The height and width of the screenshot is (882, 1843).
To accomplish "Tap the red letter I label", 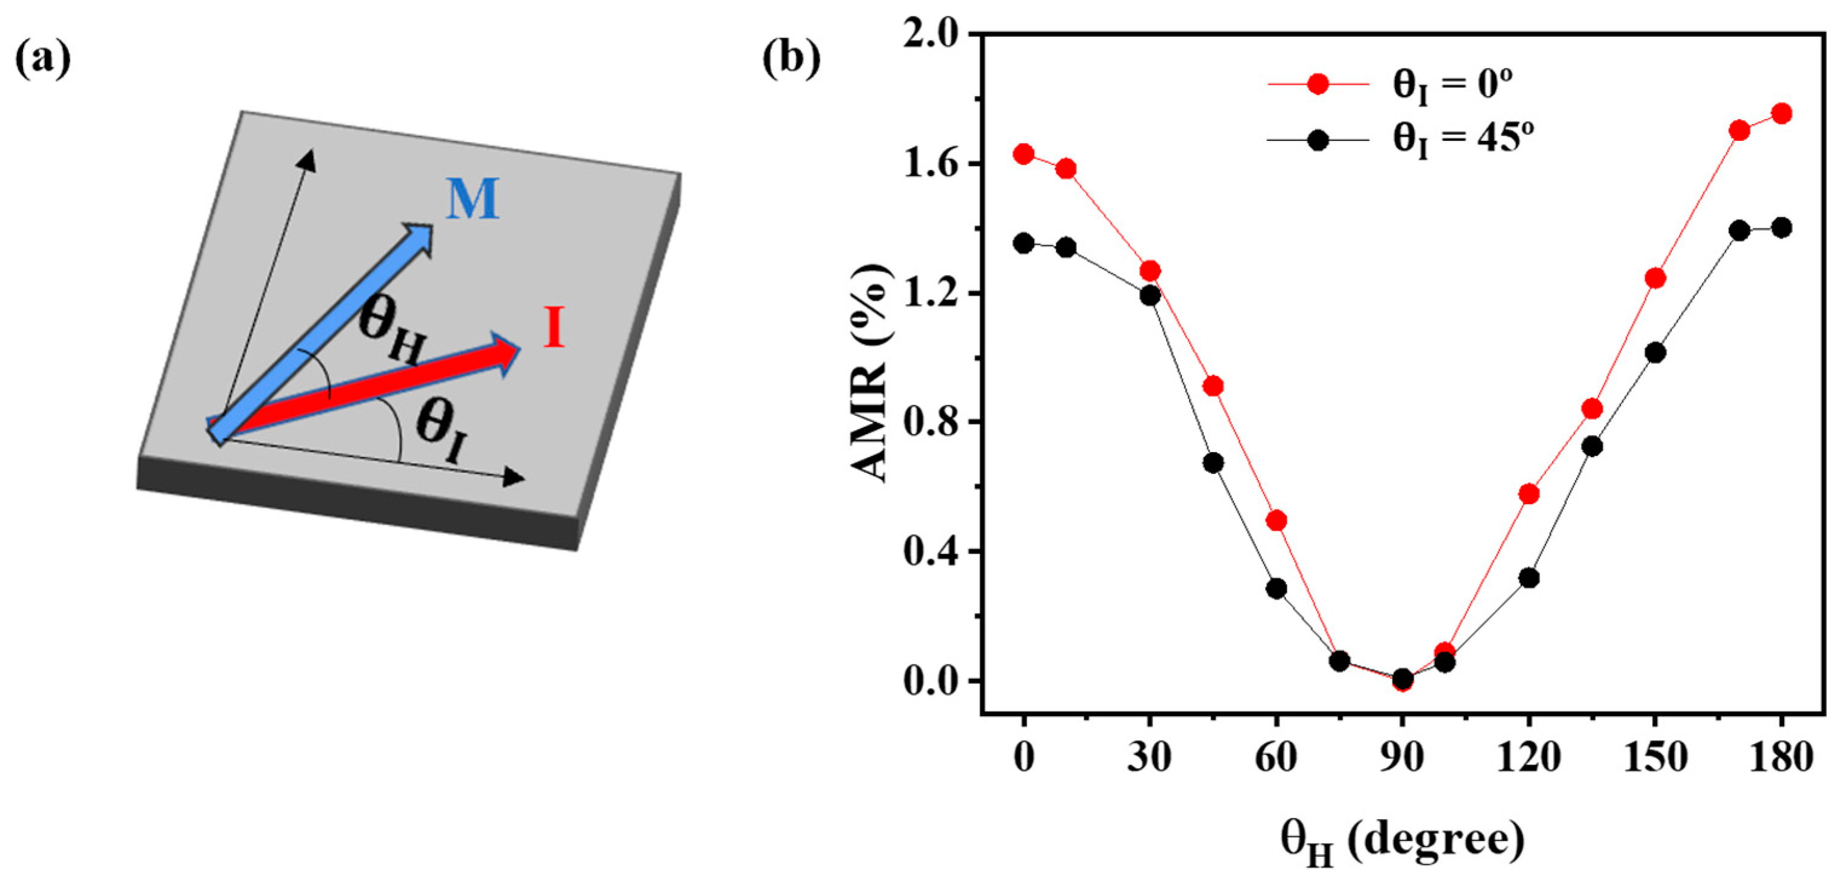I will click(x=554, y=328).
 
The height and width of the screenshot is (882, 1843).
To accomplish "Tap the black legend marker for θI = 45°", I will click(x=1317, y=140).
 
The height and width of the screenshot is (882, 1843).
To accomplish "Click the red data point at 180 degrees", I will click(x=1781, y=113).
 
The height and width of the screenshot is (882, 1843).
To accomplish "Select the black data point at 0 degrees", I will click(x=1024, y=243).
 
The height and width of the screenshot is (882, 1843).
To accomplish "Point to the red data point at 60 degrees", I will click(x=1276, y=520).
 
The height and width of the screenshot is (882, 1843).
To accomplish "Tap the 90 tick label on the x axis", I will click(x=1402, y=757).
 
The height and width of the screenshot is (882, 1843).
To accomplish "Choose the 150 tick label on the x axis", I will click(x=1655, y=757).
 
